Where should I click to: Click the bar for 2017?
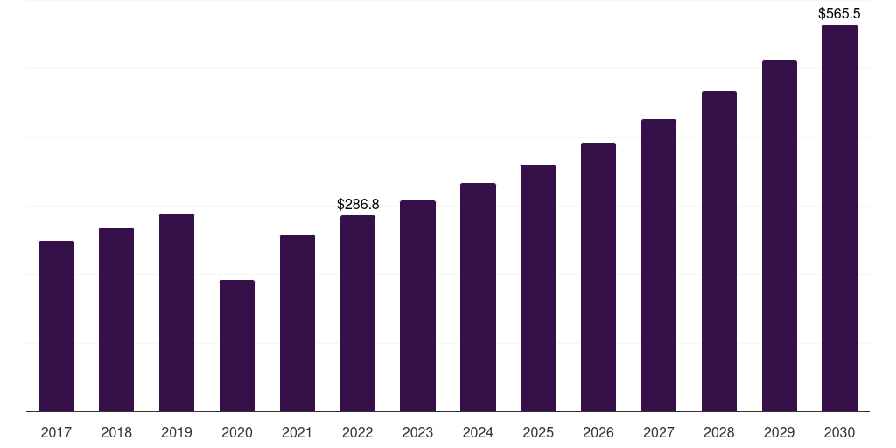(x=56, y=325)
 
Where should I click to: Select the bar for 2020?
(x=237, y=346)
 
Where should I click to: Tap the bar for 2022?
(x=358, y=313)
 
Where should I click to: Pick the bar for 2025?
(x=538, y=288)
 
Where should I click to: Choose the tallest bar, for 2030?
(x=839, y=218)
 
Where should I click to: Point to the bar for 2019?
(x=177, y=312)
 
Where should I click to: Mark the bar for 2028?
(x=719, y=251)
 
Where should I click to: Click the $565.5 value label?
(x=839, y=13)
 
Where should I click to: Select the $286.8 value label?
(x=358, y=204)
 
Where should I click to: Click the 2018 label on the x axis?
(x=116, y=432)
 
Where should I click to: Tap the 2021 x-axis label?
(x=297, y=432)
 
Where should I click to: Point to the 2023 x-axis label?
(x=417, y=432)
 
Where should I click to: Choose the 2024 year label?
(x=478, y=432)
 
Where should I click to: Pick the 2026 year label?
(x=598, y=432)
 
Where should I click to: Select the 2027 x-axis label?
(x=659, y=432)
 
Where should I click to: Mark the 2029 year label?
(x=779, y=432)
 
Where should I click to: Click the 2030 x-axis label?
(x=839, y=432)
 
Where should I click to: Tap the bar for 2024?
(x=478, y=297)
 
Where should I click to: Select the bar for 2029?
(x=779, y=235)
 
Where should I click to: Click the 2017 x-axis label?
(x=56, y=432)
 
